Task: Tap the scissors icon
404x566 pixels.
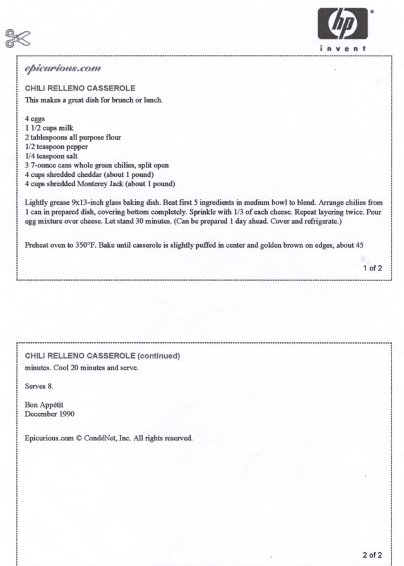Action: click(x=18, y=38)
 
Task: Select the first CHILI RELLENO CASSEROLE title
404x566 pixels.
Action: click(x=80, y=88)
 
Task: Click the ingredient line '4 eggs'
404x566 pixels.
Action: click(x=35, y=118)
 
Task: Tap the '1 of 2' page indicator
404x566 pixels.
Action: click(x=372, y=268)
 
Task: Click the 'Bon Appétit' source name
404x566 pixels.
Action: click(x=45, y=405)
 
